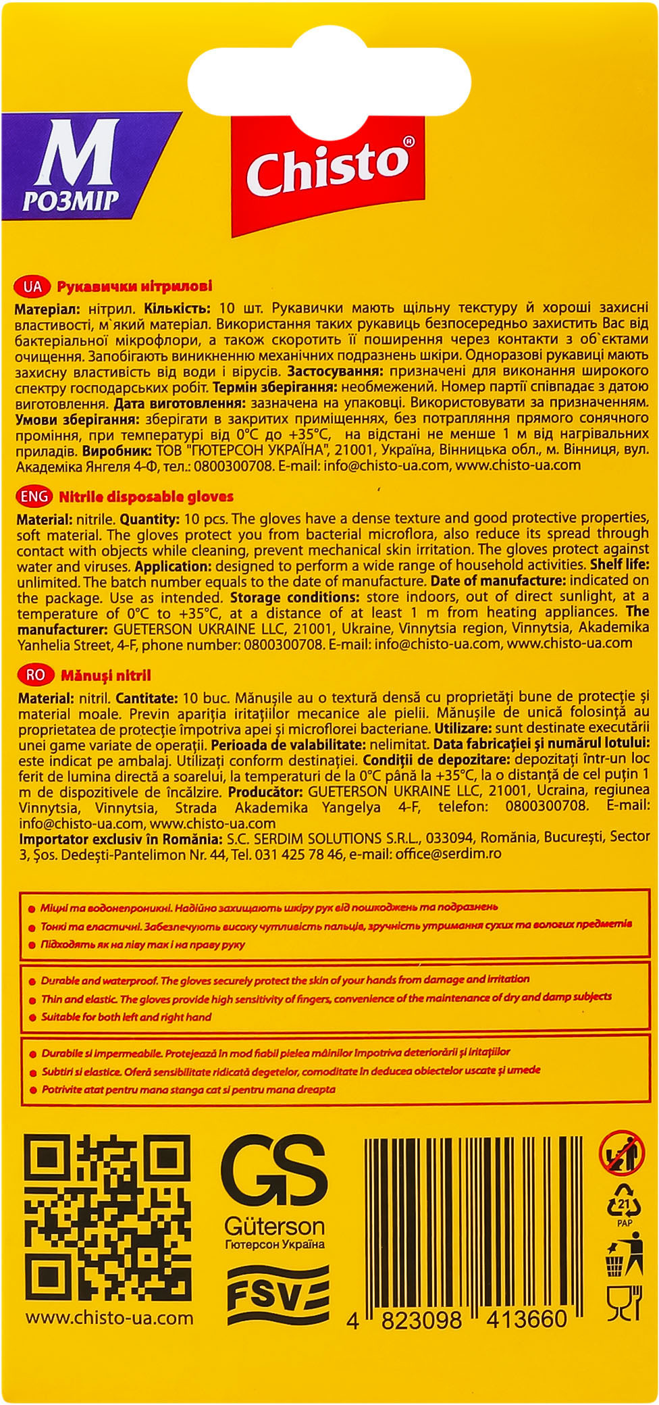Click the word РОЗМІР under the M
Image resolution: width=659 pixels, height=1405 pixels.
(71, 200)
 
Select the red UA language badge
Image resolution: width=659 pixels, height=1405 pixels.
(32, 286)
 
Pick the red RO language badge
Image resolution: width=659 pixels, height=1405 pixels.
(34, 675)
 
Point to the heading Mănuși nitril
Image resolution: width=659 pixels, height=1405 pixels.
(106, 675)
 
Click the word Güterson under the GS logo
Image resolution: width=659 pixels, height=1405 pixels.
(274, 1225)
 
